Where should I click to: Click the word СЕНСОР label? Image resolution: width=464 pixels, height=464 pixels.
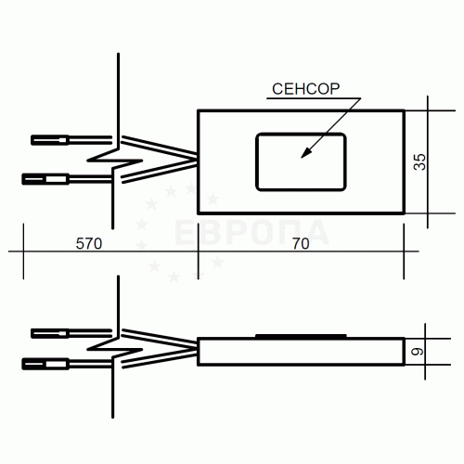click(305, 89)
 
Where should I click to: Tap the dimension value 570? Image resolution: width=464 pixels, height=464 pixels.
click(89, 244)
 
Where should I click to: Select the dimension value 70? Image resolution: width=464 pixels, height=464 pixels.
click(301, 244)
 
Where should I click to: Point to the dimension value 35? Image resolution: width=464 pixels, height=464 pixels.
click(419, 161)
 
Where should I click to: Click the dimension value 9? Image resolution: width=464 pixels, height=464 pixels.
click(418, 352)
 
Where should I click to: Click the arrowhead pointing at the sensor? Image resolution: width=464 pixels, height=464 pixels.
click(307, 152)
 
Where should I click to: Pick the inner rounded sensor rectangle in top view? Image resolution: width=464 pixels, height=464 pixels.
click(301, 134)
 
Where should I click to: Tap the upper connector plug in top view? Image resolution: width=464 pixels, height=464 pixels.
click(49, 140)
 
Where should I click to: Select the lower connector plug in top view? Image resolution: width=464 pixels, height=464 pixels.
click(45, 179)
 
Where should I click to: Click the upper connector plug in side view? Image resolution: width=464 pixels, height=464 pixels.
click(49, 333)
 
